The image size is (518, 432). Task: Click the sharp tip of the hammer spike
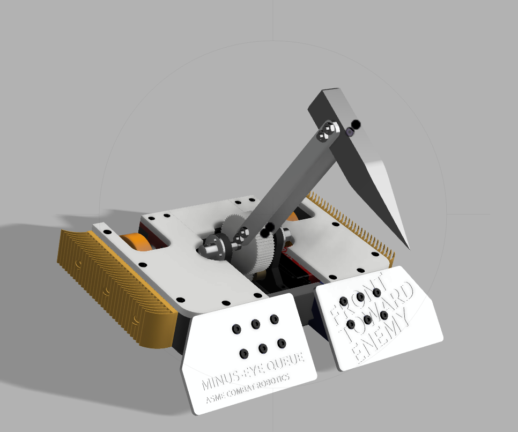(x=409, y=248)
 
